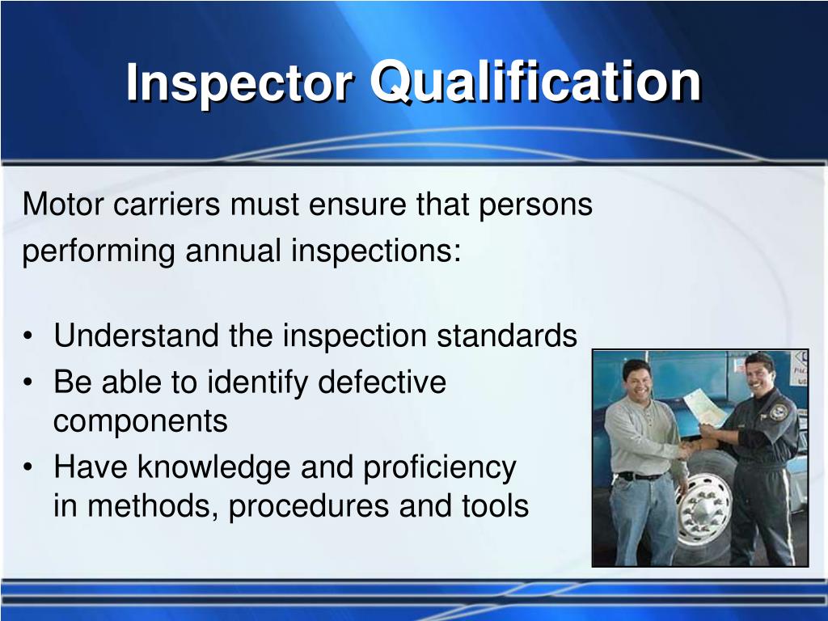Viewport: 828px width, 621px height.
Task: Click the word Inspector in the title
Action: [239, 83]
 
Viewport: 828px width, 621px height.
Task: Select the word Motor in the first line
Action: [63, 205]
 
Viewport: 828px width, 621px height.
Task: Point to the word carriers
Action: [167, 205]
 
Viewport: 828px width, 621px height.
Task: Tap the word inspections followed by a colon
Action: [376, 251]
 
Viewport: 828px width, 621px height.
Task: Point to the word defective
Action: [382, 382]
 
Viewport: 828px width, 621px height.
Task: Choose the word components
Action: [141, 422]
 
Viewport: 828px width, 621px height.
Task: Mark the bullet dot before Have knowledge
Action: [30, 468]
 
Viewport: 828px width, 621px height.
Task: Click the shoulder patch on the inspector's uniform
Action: [778, 412]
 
